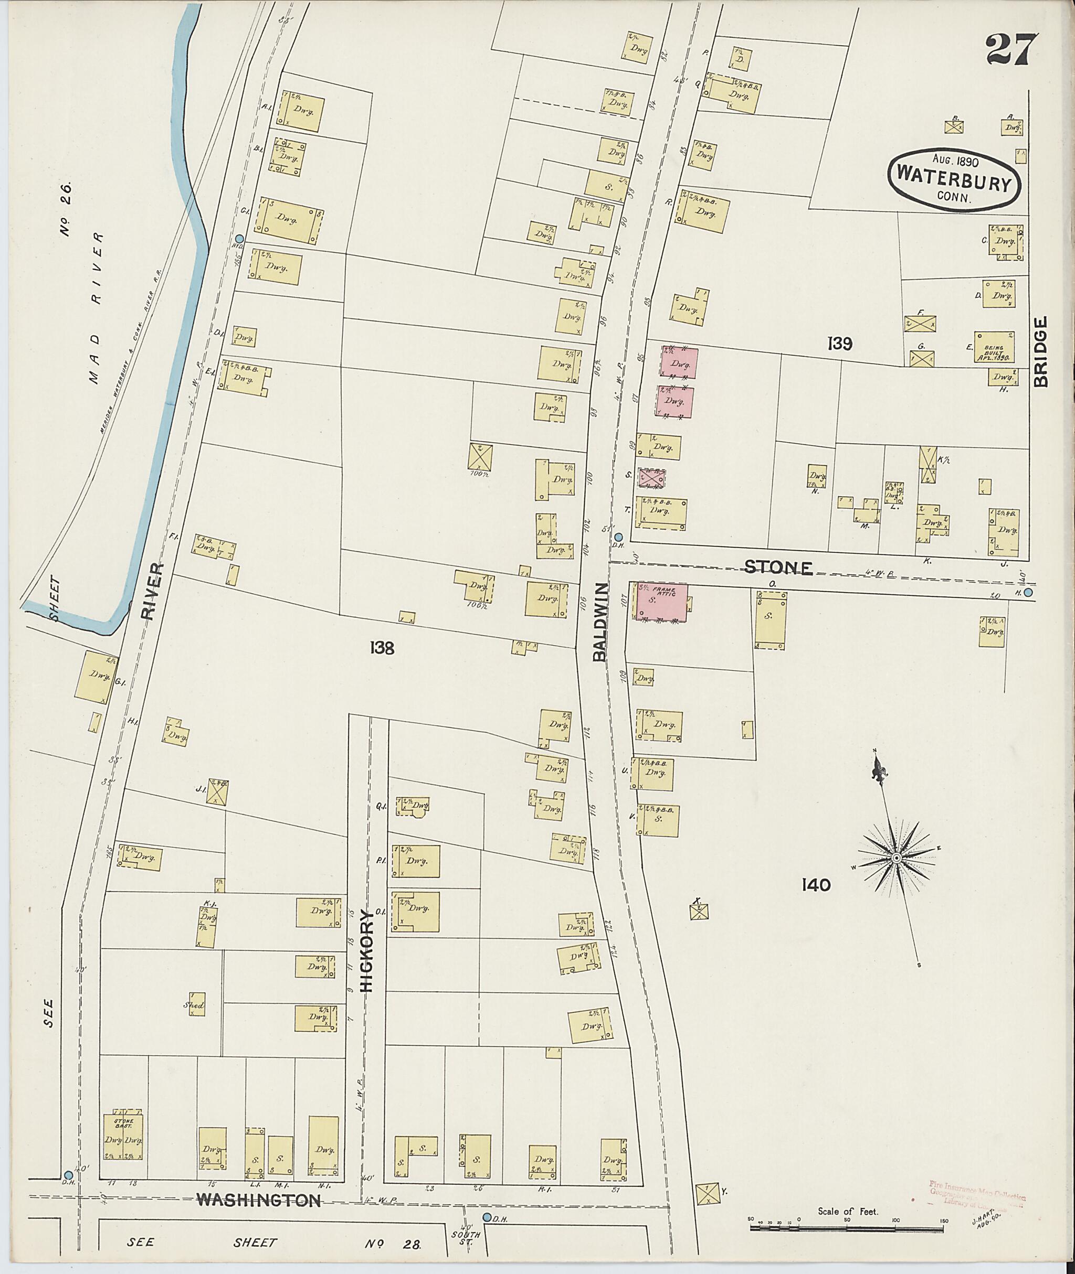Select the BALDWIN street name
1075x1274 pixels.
coord(600,622)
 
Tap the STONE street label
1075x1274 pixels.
coord(778,568)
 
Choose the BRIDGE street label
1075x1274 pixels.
coord(1041,351)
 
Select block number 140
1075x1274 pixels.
coord(817,885)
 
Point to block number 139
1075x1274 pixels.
coord(839,344)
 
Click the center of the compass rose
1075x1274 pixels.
coord(896,858)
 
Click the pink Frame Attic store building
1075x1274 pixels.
coord(662,602)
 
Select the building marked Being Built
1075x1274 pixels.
coord(994,348)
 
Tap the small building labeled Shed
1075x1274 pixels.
coord(196,1005)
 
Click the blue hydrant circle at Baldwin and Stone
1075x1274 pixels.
coord(618,537)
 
